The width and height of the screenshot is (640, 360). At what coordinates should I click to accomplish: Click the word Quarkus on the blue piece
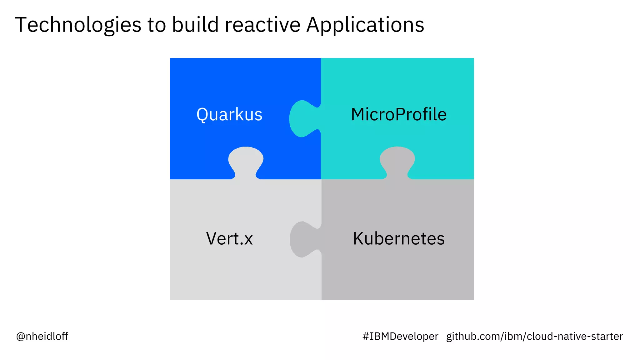(229, 115)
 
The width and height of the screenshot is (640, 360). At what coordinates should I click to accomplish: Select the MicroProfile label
(398, 114)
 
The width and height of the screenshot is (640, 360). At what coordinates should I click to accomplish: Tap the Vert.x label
(229, 239)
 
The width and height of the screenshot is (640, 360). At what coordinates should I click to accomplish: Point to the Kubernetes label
(398, 239)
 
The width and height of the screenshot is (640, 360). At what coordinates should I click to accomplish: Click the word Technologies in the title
(78, 25)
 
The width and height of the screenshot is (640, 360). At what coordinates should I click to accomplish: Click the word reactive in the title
(262, 25)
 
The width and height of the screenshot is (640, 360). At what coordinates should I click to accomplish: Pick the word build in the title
(195, 25)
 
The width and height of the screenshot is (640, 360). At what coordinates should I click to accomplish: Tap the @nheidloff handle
(42, 336)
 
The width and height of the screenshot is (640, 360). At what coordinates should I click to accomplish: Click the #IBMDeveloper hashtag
(400, 336)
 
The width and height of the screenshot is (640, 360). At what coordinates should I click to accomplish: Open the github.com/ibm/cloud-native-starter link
(534, 336)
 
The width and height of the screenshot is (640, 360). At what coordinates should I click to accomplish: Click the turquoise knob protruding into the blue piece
(302, 119)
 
